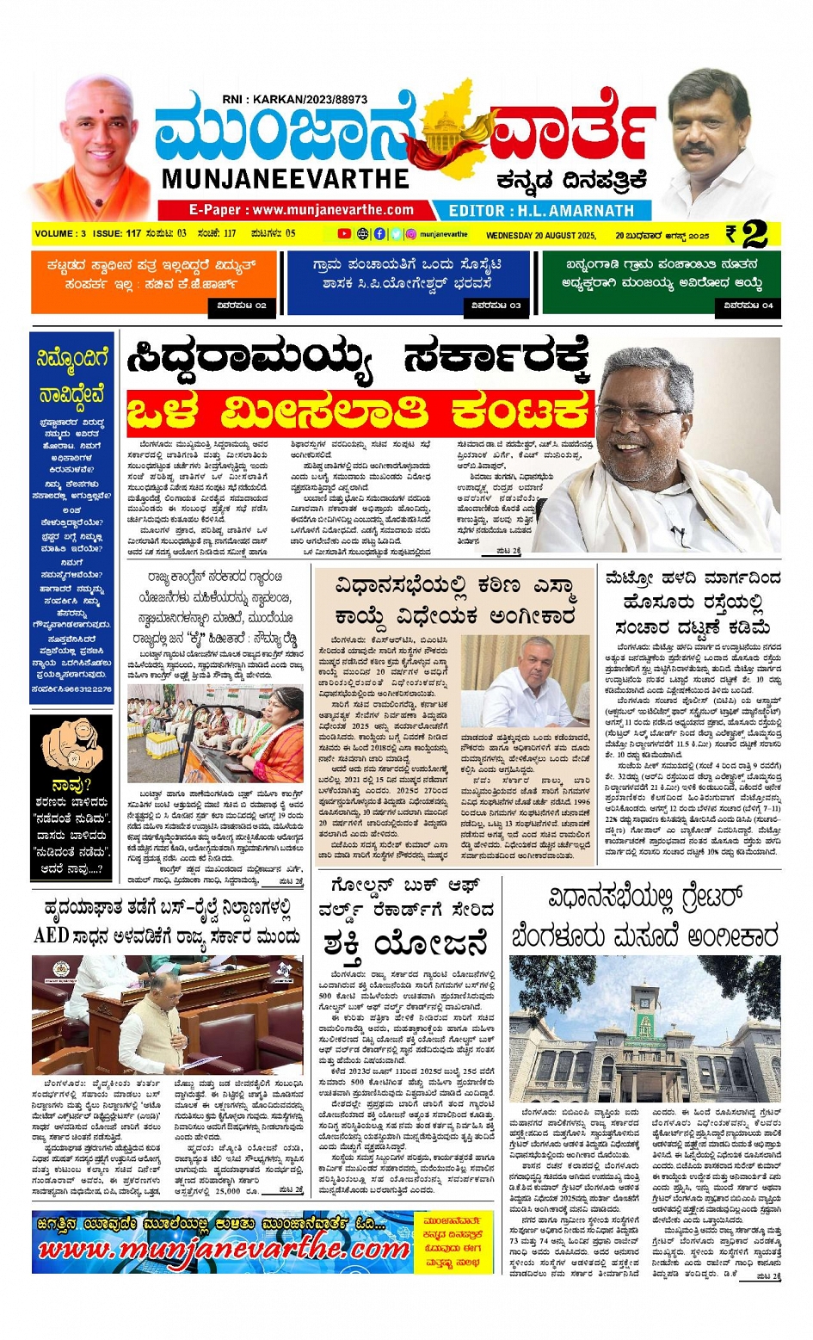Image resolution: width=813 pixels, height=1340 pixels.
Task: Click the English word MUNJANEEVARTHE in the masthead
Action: coord(286,179)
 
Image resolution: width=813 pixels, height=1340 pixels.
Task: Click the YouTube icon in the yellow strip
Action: coord(344,234)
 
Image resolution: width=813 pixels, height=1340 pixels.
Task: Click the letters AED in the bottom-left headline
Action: coord(51,936)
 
